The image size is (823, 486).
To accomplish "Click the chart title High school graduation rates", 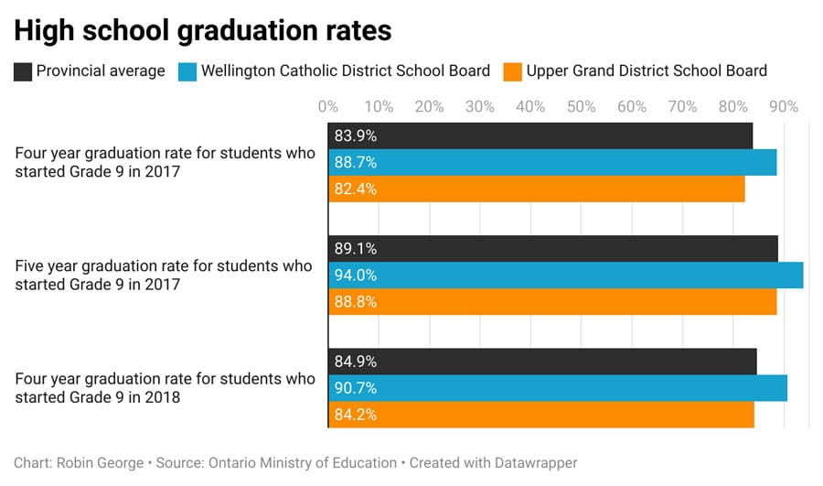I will point(202,30).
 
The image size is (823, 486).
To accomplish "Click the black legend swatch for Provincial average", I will point(23,71).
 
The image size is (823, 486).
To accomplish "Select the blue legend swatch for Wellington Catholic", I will point(187,71).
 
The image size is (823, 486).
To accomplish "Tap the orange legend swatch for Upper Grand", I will point(513,71).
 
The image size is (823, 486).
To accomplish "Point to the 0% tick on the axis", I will point(328,107).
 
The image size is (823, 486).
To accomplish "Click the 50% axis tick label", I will point(582,107).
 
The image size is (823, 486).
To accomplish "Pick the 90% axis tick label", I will point(784,107).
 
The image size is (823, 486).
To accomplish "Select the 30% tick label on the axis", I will point(480,107).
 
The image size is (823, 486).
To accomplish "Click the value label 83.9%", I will point(356,136).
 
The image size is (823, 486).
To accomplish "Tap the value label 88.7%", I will point(356,163).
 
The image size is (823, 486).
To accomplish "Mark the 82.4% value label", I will point(356,189).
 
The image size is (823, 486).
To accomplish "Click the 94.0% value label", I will point(356,275).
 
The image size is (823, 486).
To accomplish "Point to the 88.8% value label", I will point(356,302).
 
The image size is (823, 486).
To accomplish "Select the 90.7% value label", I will point(356,388).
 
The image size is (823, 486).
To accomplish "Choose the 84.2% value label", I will point(356,415).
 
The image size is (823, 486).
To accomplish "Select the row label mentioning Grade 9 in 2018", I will point(165,388).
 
